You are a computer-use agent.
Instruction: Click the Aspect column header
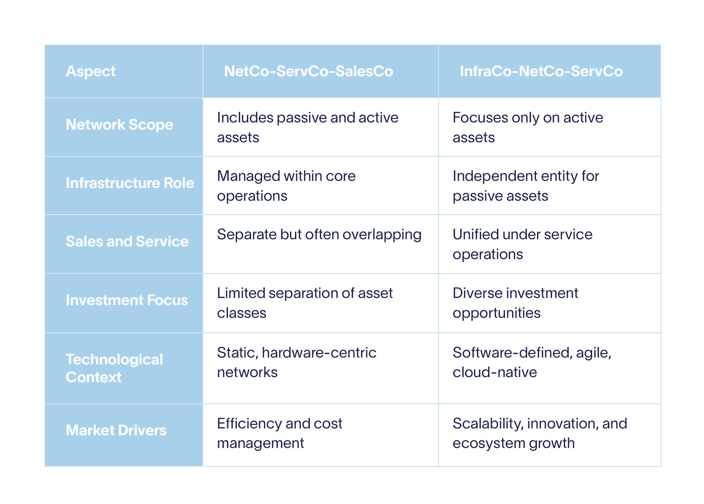[x=90, y=71]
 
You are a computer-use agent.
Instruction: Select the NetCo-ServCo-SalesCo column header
[x=309, y=71]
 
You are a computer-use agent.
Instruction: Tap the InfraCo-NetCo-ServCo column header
[x=541, y=71]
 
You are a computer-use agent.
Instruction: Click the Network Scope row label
[x=119, y=125]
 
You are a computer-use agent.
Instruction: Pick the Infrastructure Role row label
[x=130, y=183]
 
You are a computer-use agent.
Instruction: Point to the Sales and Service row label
[x=127, y=241]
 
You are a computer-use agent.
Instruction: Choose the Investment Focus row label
[x=127, y=300]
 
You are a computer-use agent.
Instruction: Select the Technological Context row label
[x=114, y=368]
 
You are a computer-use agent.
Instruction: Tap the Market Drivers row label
[x=116, y=430]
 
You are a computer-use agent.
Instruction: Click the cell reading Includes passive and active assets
[x=307, y=127]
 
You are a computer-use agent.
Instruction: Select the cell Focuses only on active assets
[x=527, y=127]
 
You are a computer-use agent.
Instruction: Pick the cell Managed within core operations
[x=286, y=186]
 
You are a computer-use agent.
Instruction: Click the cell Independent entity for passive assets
[x=526, y=186]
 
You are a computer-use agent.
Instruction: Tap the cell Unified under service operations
[x=522, y=244]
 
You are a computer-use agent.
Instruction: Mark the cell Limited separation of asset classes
[x=305, y=303]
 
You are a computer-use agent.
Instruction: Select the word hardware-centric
[x=319, y=353]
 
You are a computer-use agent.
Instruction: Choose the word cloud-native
[x=494, y=372]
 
